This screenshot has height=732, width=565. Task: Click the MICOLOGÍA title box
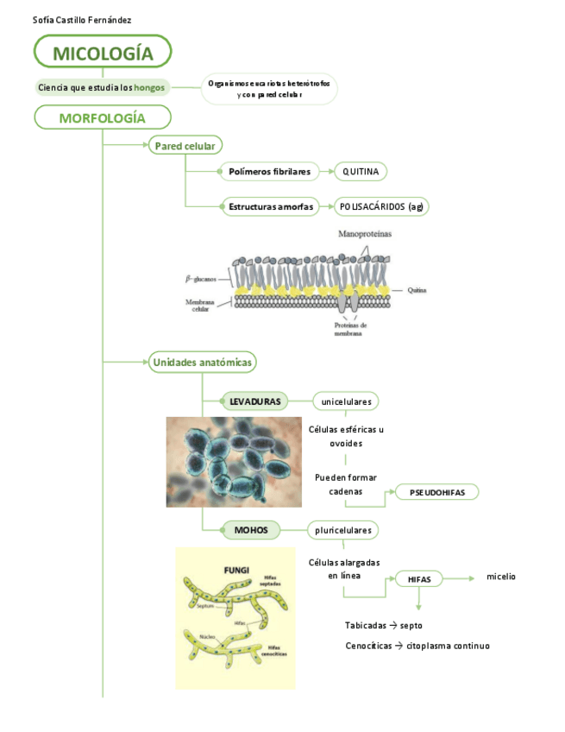point(103,54)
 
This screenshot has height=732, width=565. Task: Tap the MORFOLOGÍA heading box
point(103,117)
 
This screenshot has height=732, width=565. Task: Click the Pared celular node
point(185,146)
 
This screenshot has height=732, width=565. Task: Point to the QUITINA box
point(361,172)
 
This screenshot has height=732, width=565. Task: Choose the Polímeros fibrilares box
point(269,172)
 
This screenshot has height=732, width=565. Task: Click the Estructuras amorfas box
point(269,206)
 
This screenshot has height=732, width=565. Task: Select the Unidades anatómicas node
point(202,363)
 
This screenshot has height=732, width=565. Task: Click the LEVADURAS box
point(255,401)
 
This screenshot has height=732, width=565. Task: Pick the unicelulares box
point(346,401)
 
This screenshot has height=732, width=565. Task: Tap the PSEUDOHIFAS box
point(436,492)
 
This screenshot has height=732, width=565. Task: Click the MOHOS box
point(251,529)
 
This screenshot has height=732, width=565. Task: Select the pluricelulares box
point(343,529)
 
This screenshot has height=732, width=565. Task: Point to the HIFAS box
point(419,578)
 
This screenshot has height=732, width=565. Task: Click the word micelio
point(501,577)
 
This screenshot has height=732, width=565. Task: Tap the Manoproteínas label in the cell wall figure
point(364,234)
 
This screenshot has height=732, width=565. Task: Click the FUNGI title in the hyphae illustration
point(236,570)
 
